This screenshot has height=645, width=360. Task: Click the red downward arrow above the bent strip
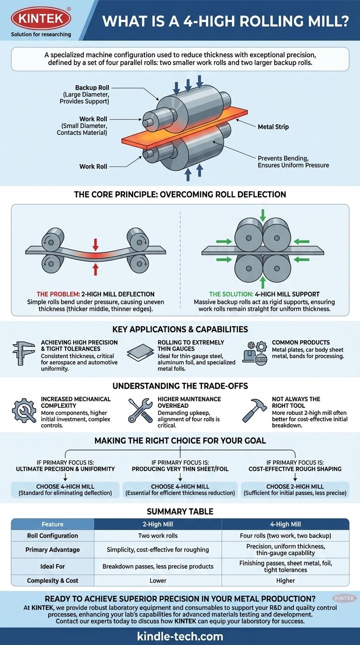[95, 244]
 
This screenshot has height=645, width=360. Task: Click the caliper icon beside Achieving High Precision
[23, 352]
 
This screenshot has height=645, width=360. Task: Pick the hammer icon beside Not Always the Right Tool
[254, 411]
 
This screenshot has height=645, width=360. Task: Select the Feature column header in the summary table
[52, 524]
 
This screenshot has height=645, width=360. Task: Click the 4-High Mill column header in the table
[285, 524]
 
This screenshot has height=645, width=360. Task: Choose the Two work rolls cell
[157, 536]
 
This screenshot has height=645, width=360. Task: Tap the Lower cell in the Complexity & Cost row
[157, 580]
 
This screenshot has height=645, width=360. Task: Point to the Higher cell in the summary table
[285, 580]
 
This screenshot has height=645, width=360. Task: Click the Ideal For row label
[52, 566]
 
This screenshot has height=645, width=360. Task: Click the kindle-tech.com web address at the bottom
[180, 636]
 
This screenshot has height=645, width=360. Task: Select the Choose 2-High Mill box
[295, 489]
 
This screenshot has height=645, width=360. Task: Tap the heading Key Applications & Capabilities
[180, 329]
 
